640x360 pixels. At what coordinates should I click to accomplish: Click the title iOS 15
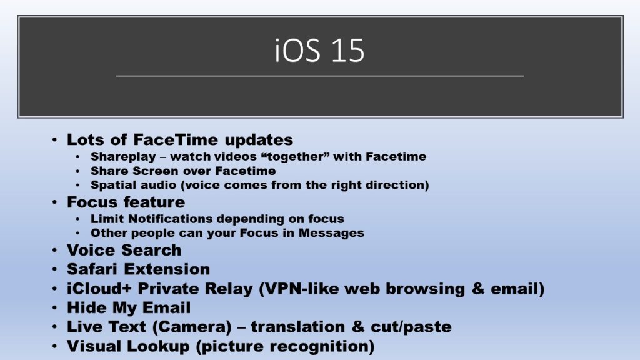point(319,51)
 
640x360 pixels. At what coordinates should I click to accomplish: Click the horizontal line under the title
point(319,76)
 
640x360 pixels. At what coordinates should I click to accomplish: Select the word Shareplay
point(123,157)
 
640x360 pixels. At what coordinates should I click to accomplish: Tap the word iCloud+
point(99,289)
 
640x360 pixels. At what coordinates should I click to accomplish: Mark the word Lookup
point(158,346)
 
